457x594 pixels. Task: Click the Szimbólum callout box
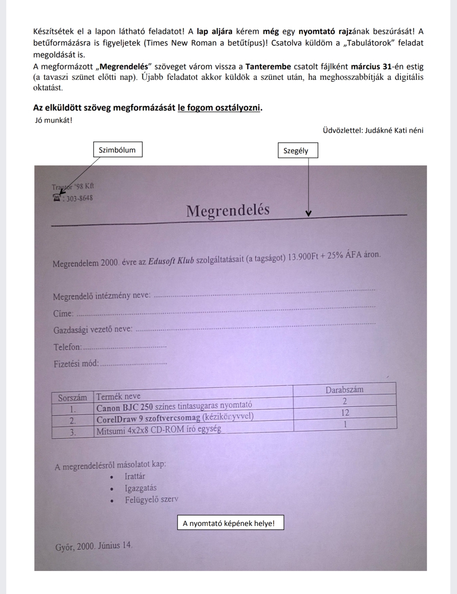click(x=117, y=150)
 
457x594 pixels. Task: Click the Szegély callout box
click(x=298, y=151)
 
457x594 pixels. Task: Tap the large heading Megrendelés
click(x=228, y=211)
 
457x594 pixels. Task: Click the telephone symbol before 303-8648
click(x=57, y=198)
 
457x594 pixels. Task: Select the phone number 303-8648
click(x=80, y=198)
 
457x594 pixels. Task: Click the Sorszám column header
click(x=72, y=397)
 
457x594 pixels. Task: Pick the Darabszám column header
click(x=344, y=390)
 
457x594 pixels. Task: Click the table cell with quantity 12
click(x=345, y=413)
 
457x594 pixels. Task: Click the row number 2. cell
click(x=72, y=421)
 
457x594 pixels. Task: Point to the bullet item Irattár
click(x=135, y=477)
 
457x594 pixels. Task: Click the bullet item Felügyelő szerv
click(x=151, y=500)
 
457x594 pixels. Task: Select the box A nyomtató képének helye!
click(x=230, y=523)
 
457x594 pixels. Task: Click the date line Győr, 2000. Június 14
click(x=93, y=546)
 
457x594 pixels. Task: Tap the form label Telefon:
click(x=67, y=347)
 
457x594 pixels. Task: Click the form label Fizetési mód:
click(x=76, y=364)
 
